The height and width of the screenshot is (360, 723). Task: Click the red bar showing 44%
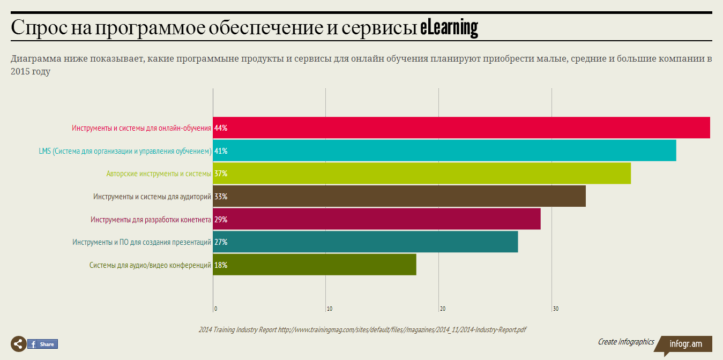click(461, 128)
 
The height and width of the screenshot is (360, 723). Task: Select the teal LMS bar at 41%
click(444, 151)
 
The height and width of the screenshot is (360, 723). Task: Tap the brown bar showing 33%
click(399, 196)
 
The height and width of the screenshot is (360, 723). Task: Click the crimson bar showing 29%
click(377, 219)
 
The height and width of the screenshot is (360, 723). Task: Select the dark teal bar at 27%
click(366, 242)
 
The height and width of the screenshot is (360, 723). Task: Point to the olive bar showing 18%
click(315, 265)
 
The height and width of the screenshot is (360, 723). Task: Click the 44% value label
click(221, 128)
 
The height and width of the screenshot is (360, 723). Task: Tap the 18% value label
click(221, 265)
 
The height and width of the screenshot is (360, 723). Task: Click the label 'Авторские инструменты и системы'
click(159, 174)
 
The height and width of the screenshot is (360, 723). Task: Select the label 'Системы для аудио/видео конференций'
click(150, 265)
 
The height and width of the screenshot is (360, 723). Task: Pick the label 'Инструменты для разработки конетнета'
click(151, 219)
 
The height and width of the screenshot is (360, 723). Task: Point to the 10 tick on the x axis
click(329, 309)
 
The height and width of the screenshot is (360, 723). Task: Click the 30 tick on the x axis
click(556, 309)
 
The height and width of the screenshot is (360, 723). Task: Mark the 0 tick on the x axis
click(215, 309)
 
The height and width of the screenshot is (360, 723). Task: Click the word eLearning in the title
click(449, 28)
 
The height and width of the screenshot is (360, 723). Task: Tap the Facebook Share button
click(42, 344)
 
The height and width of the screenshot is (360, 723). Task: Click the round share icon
click(18, 344)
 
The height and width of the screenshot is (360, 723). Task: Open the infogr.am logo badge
click(685, 344)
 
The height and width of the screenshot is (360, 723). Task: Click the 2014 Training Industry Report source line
click(362, 329)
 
